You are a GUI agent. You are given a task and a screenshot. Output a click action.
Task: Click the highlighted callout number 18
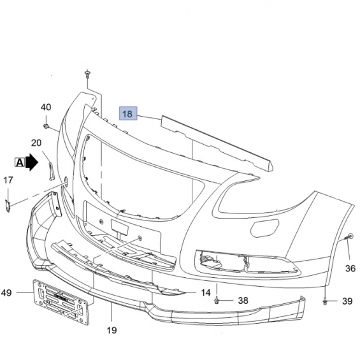tap(128, 113)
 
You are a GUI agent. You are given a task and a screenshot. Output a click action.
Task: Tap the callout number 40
tap(46, 107)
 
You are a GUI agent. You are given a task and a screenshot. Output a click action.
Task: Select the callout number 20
tap(36, 143)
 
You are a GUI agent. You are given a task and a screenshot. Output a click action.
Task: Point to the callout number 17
tap(8, 180)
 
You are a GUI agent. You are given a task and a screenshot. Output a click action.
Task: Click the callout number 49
tap(6, 292)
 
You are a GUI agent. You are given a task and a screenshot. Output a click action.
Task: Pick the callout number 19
tap(112, 331)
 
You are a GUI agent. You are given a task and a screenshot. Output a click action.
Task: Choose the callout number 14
tap(206, 292)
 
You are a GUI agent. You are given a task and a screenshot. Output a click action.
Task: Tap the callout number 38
tap(243, 301)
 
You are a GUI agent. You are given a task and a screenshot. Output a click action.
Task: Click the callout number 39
tap(347, 301)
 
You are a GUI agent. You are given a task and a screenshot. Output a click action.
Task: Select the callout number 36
tap(350, 268)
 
